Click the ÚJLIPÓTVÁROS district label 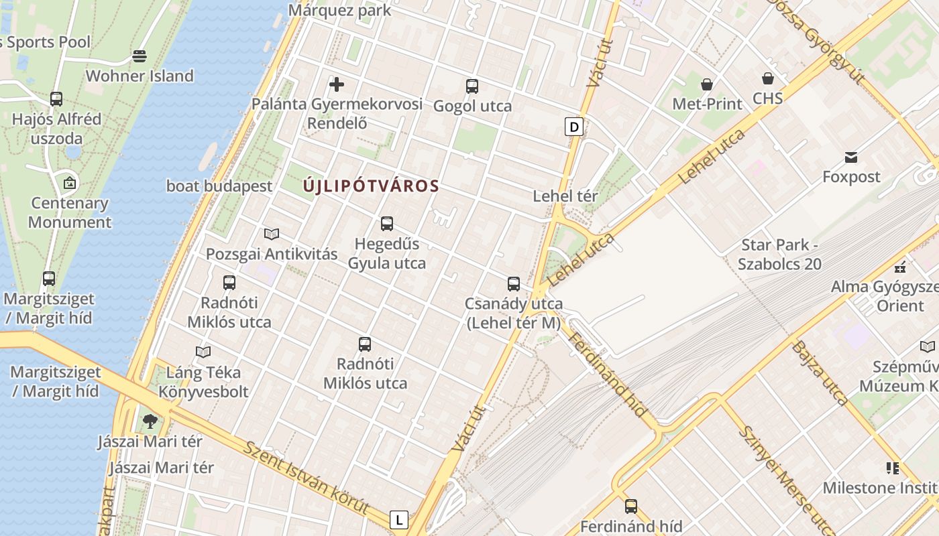(x=371, y=186)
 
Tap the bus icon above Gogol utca (x=472, y=86)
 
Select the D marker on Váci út (x=573, y=127)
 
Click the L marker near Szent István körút (x=399, y=519)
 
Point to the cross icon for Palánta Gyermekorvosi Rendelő (x=337, y=84)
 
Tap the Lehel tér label (x=565, y=196)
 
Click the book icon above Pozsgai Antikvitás (x=272, y=234)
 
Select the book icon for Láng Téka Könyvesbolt (x=203, y=352)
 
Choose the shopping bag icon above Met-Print (x=707, y=84)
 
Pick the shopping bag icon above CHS (x=767, y=79)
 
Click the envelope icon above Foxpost (x=851, y=157)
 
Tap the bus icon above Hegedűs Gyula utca (x=386, y=224)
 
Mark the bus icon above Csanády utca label (x=514, y=284)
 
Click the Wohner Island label (x=140, y=76)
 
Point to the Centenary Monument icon (x=69, y=182)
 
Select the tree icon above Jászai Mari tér (x=150, y=421)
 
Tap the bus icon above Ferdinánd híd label (x=630, y=507)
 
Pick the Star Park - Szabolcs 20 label (x=779, y=255)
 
